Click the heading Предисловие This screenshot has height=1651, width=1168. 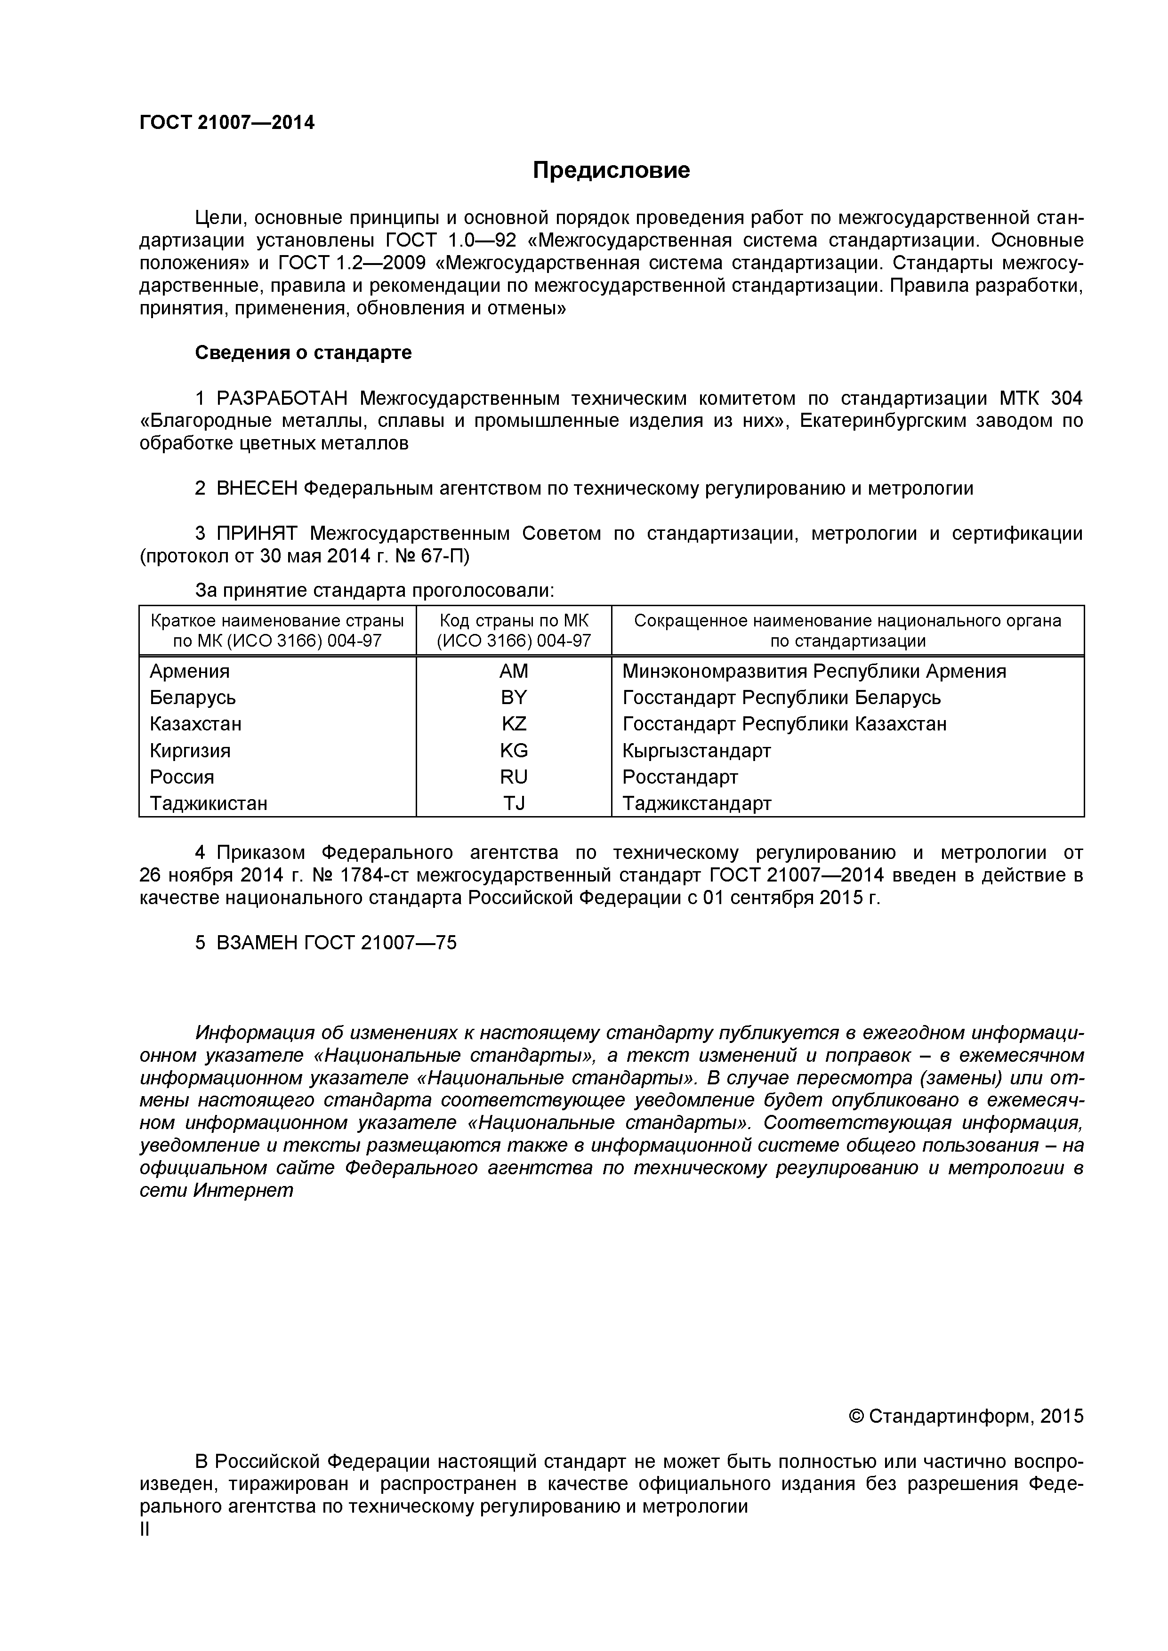(611, 170)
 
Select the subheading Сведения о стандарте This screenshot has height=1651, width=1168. (304, 353)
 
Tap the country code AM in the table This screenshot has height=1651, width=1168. (514, 671)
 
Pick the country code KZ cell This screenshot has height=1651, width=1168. (514, 723)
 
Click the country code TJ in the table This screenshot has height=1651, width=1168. (514, 803)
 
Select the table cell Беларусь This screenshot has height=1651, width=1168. (193, 697)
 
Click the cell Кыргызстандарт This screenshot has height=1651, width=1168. (696, 751)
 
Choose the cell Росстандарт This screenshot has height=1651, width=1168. (680, 777)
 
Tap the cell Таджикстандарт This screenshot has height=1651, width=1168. (696, 803)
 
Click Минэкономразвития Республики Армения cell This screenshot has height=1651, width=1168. (814, 671)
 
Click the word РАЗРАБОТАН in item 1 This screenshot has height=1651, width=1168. (282, 398)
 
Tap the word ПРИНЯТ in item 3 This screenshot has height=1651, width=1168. (257, 534)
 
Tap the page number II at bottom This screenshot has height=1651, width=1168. (144, 1530)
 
